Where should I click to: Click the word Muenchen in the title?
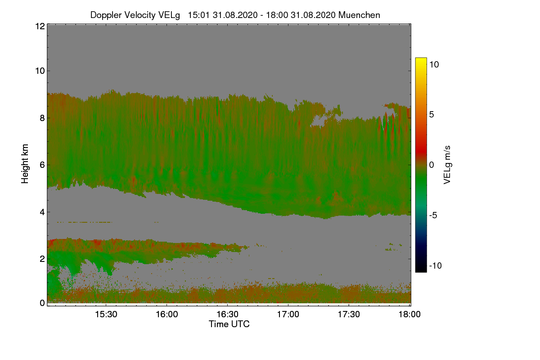359,15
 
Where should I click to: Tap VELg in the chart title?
169,15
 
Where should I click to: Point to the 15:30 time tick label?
106,315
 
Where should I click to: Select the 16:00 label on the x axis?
166,315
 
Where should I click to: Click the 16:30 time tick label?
227,315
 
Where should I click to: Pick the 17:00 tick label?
288,315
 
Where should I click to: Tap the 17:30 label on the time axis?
349,315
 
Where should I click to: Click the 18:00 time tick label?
409,315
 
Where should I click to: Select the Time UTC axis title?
229,324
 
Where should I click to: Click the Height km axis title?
25,164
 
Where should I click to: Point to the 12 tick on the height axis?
39,26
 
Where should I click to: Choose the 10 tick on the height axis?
39,71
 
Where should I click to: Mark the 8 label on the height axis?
41,118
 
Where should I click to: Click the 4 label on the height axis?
41,212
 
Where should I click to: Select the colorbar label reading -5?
434,215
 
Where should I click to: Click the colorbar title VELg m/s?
447,164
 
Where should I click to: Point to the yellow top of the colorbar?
421,60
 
